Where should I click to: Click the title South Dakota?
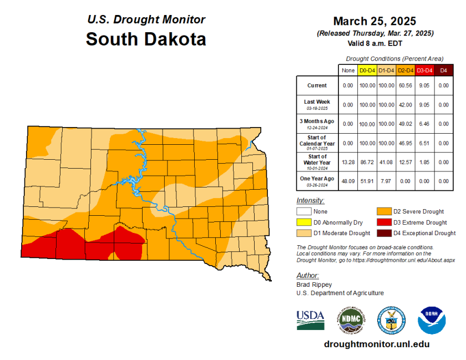(x=146, y=39)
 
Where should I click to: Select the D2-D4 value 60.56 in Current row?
(x=406, y=85)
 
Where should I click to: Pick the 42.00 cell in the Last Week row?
(x=406, y=104)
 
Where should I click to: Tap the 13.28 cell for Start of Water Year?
(x=348, y=161)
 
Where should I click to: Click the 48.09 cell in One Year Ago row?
(x=348, y=180)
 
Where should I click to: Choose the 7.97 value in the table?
(x=386, y=180)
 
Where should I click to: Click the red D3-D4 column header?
(x=424, y=70)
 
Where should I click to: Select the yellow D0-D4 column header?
(x=367, y=70)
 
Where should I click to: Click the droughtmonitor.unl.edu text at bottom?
(x=376, y=344)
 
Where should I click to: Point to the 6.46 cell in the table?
(x=424, y=123)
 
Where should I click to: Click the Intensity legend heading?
(x=311, y=200)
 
